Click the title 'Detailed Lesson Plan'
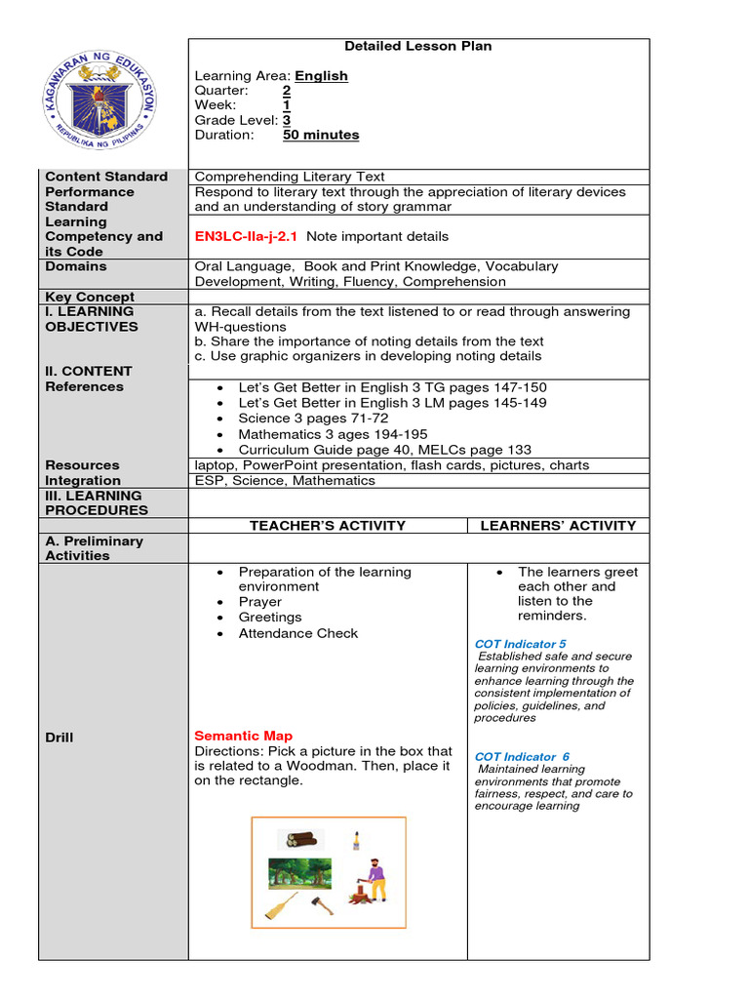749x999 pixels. coord(418,46)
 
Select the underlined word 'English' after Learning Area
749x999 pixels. coord(321,76)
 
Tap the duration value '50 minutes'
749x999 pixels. coord(321,135)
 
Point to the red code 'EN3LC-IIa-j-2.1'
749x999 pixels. coord(247,236)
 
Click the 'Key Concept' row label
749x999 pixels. coord(90,297)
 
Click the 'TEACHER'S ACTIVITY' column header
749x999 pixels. coord(327,525)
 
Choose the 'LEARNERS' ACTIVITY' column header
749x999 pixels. coord(558,525)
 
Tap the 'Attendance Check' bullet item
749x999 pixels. coord(297,633)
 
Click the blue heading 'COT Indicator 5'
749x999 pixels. coord(520,644)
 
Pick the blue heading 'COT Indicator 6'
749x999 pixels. coord(522,756)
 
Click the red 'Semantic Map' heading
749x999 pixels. coord(243,736)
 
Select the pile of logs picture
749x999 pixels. coord(300,838)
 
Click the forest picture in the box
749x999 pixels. coord(299,874)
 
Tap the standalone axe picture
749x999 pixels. coord(322,905)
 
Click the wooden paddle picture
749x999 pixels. coord(281,907)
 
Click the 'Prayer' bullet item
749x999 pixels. coord(259,602)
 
